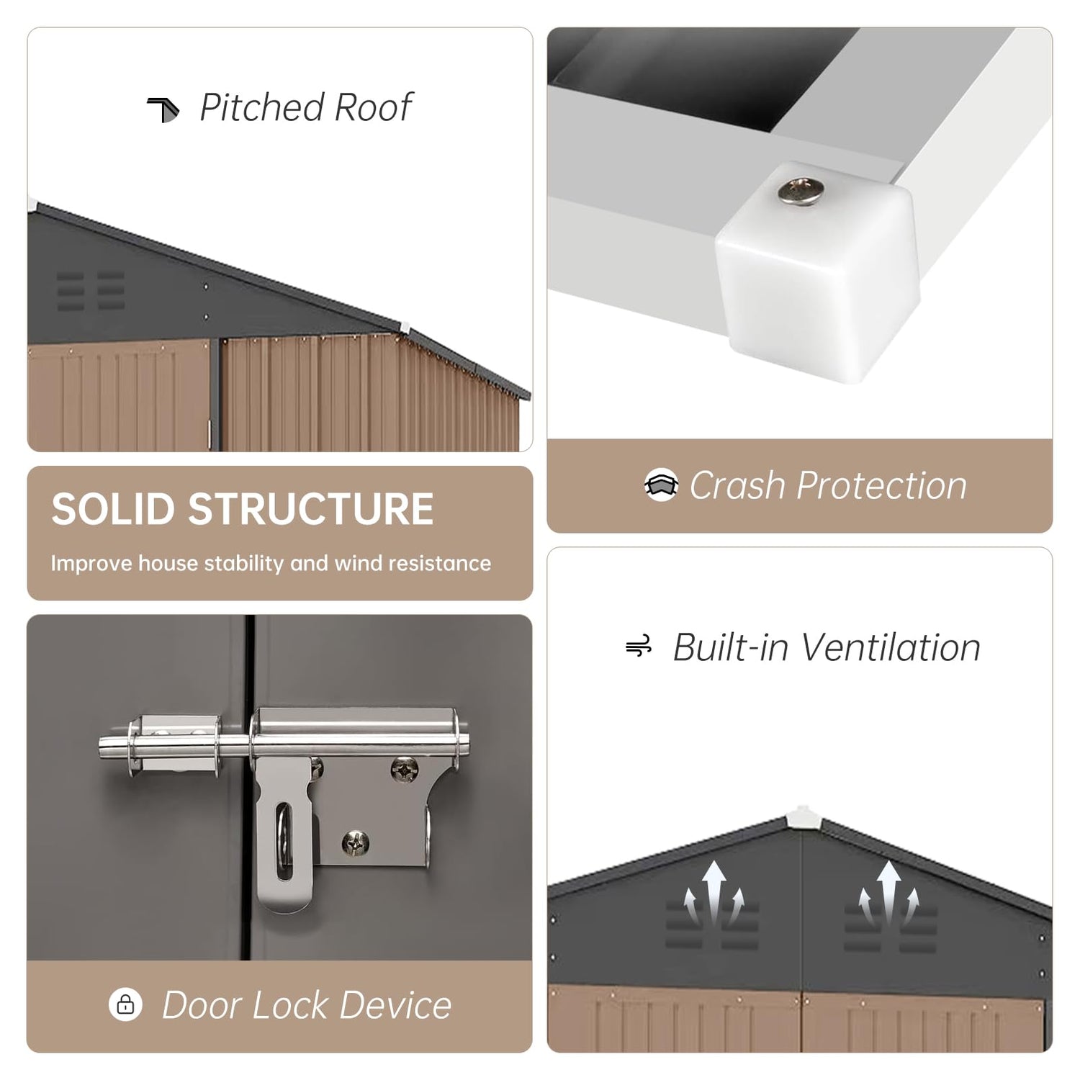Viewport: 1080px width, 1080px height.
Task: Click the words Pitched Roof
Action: click(x=305, y=108)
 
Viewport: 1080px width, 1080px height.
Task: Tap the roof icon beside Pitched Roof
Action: click(x=163, y=109)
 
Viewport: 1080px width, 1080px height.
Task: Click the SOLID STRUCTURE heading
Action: click(x=243, y=509)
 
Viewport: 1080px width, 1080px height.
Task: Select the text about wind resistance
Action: click(x=271, y=563)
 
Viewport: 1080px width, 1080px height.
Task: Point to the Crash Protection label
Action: click(x=828, y=485)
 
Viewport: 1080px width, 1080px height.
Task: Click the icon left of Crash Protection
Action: click(x=661, y=485)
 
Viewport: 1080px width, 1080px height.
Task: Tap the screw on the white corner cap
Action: click(x=800, y=190)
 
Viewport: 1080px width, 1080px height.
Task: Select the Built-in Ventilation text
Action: click(x=827, y=647)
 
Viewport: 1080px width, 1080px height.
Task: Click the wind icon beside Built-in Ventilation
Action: click(x=639, y=646)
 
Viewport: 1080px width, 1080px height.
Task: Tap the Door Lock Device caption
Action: click(x=307, y=1004)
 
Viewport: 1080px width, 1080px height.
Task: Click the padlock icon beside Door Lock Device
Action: click(x=125, y=1004)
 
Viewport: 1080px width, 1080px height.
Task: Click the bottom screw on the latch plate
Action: click(x=356, y=841)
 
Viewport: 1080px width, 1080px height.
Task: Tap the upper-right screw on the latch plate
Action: click(x=403, y=770)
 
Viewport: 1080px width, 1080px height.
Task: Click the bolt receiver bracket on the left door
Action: click(x=173, y=746)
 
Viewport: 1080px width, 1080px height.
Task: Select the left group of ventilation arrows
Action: click(x=712, y=893)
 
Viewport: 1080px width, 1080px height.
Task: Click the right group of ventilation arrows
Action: click(x=889, y=893)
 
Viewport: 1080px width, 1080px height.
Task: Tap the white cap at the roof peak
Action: click(x=801, y=816)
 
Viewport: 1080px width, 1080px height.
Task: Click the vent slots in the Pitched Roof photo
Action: click(x=91, y=291)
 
